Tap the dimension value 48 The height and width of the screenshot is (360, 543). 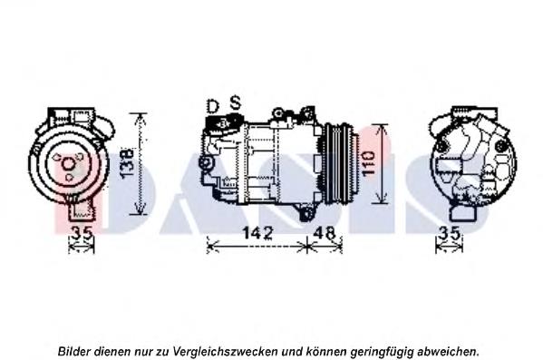(x=323, y=233)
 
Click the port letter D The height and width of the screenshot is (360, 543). (x=212, y=107)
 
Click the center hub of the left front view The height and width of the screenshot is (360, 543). (x=68, y=163)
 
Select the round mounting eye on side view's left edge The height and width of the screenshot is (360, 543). (x=206, y=164)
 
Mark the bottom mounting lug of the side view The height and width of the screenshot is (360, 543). (x=307, y=213)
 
